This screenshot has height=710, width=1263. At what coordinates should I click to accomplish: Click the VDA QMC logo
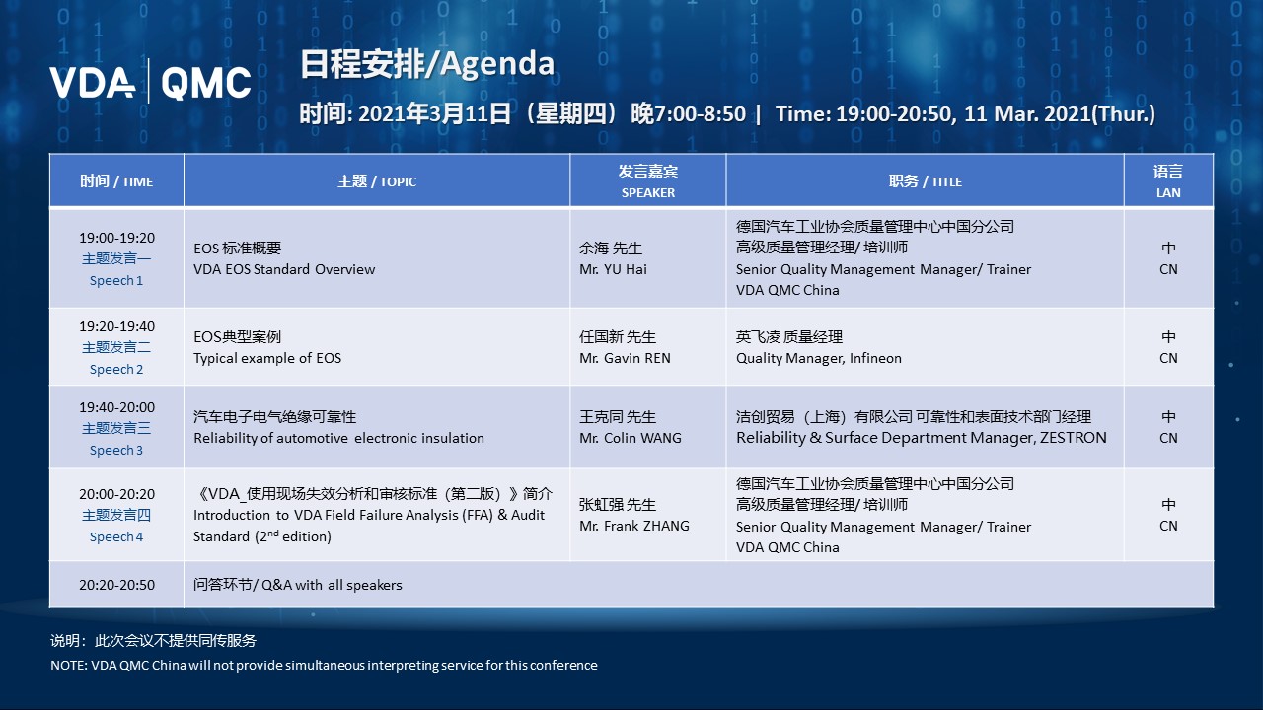(150, 82)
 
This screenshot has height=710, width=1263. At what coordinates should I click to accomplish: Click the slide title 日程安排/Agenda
(426, 64)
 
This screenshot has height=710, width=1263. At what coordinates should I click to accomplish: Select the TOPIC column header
(377, 181)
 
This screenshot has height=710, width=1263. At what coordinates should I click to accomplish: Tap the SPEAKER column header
(648, 181)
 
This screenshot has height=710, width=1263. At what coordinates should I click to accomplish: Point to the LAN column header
(1168, 181)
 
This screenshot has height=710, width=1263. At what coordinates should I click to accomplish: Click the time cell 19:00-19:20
(116, 238)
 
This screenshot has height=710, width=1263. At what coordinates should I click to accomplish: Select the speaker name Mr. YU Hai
(613, 269)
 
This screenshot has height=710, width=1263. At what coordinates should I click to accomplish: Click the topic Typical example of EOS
(267, 358)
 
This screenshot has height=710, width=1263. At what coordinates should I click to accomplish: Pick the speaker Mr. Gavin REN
(625, 358)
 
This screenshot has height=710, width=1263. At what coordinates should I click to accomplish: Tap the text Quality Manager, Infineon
(818, 358)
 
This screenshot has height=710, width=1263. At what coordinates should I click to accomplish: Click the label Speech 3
(116, 451)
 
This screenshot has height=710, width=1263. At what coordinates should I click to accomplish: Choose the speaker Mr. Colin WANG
(631, 438)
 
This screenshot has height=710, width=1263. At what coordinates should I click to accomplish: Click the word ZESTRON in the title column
(1073, 438)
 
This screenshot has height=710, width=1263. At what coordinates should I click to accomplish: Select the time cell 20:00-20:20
(116, 494)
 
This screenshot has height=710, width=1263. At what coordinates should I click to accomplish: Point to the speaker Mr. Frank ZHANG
(634, 526)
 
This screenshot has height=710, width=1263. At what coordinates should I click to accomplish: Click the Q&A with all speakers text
(298, 585)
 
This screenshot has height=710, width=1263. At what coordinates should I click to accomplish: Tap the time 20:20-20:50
(116, 585)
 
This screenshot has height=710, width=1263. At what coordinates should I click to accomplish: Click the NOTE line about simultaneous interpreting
(324, 665)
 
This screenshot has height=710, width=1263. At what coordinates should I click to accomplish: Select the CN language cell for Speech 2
(1168, 358)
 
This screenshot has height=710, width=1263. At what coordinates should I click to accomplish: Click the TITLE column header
(925, 181)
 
